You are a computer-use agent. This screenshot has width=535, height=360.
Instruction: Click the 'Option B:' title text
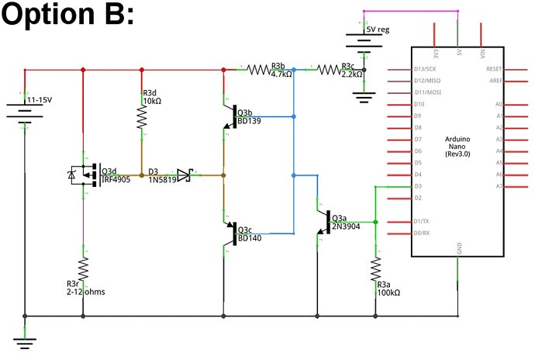click(x=68, y=16)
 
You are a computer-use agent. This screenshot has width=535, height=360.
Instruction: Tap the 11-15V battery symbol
click(x=26, y=110)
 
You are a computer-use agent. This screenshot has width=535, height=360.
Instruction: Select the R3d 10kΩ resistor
click(x=142, y=117)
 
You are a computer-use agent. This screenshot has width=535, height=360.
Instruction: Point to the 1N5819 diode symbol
click(x=184, y=175)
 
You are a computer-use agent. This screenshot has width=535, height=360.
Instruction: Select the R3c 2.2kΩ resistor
click(x=329, y=69)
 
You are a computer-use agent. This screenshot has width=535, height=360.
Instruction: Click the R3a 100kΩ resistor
click(x=375, y=271)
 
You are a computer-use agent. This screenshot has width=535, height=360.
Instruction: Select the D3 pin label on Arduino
click(x=419, y=186)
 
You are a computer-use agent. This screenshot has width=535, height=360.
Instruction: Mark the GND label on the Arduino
click(x=460, y=248)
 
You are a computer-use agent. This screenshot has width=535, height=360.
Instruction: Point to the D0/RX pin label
click(x=423, y=233)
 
